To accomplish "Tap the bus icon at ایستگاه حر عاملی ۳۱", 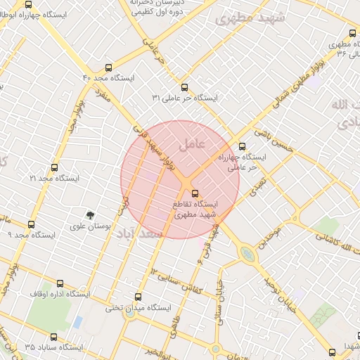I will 185,87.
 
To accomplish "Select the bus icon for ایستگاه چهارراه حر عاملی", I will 243,147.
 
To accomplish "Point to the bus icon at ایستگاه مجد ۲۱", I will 55,167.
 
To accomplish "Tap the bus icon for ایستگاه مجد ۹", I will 31,224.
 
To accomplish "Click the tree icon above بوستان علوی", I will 89,215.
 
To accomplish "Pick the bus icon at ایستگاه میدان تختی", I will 138,297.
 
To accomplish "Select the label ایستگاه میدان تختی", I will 138,308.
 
